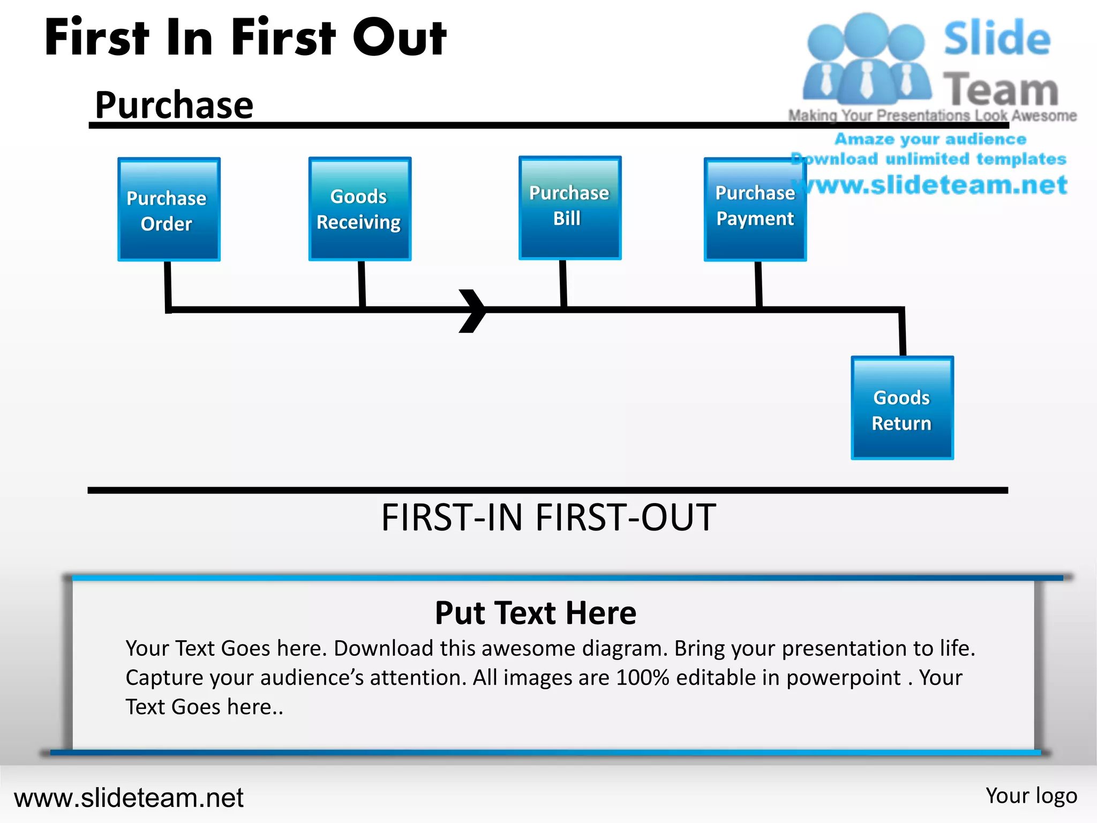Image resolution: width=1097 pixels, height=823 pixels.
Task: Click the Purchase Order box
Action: (169, 210)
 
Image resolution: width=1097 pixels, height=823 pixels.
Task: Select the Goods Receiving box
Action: (359, 209)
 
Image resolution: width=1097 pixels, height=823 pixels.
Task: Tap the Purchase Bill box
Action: (570, 208)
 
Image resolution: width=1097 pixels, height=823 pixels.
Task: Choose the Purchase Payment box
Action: (755, 210)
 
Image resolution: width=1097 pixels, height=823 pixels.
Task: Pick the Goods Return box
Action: (902, 408)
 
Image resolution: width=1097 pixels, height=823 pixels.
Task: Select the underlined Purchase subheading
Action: (174, 105)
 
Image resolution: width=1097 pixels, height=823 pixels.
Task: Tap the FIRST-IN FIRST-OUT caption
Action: (548, 518)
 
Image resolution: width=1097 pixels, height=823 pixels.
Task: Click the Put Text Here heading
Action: (536, 613)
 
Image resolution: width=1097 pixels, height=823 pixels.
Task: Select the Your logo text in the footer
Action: (1031, 796)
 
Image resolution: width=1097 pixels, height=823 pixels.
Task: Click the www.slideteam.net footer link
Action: (129, 798)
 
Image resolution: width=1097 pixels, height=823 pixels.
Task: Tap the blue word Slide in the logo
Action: (997, 39)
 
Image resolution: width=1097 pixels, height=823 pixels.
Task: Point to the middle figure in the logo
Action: (866, 59)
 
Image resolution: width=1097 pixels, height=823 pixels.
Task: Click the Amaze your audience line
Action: (930, 139)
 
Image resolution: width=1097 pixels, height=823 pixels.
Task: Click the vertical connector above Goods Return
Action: (903, 332)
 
